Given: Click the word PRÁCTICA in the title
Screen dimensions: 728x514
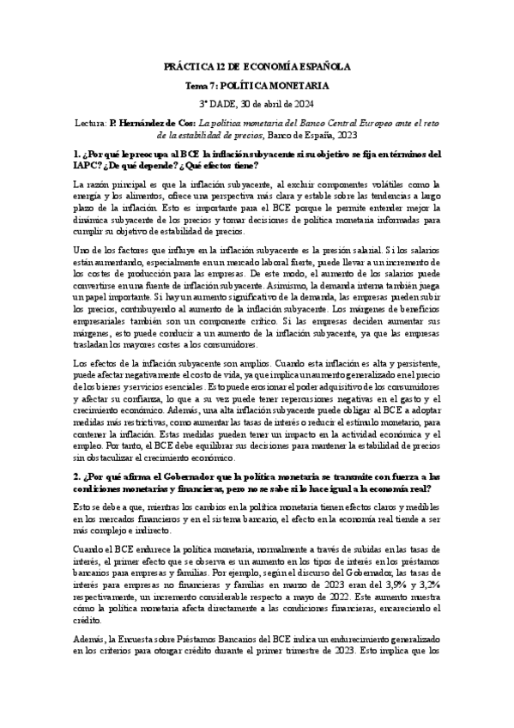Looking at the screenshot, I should tap(186, 66).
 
